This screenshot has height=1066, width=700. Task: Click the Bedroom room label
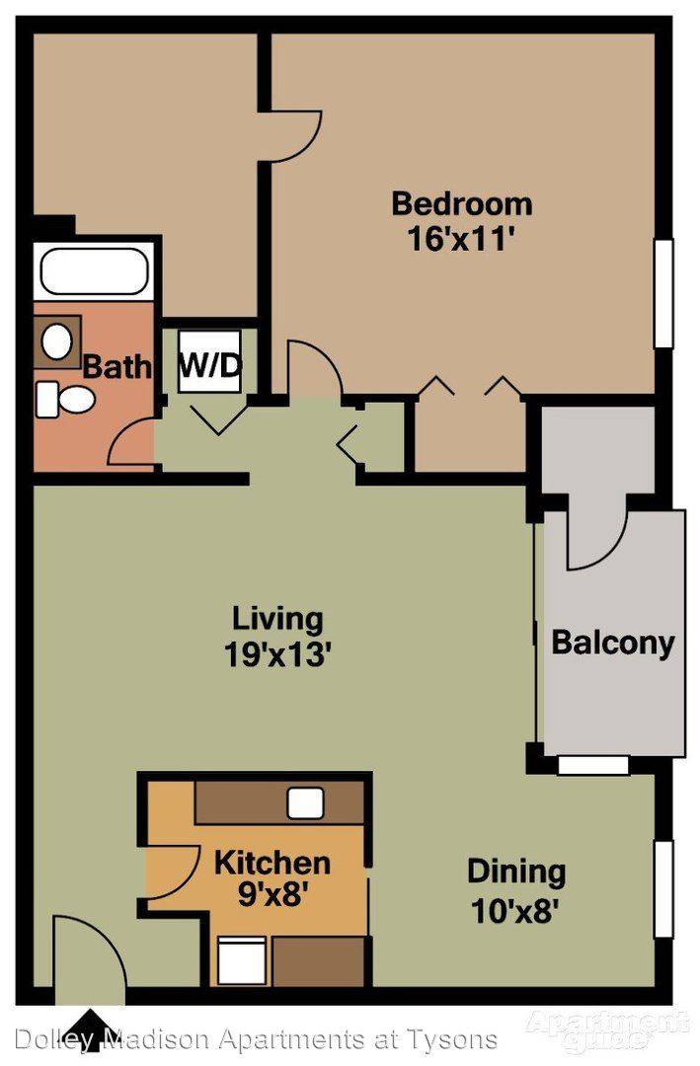click(x=462, y=204)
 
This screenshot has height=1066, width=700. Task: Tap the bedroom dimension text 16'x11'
click(x=459, y=239)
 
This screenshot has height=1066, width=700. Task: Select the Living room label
click(x=277, y=620)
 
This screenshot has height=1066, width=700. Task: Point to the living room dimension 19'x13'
click(x=277, y=655)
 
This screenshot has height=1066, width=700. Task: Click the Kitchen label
click(x=272, y=863)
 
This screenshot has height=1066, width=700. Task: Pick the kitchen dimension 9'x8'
click(x=271, y=895)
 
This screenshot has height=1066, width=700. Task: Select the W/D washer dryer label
click(x=209, y=368)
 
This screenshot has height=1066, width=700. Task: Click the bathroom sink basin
click(x=57, y=342)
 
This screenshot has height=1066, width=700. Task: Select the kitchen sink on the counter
click(x=305, y=803)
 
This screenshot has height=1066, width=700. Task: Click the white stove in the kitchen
click(x=242, y=959)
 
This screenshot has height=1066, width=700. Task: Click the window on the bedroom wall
click(x=663, y=293)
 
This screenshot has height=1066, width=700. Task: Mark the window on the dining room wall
click(x=663, y=889)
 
